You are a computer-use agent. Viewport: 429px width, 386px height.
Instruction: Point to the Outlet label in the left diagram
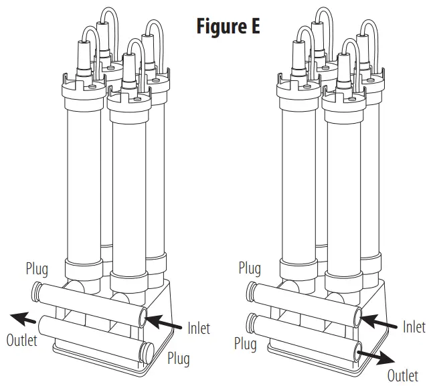pos(22,339)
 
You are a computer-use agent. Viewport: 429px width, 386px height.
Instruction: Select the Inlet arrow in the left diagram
pos(164,324)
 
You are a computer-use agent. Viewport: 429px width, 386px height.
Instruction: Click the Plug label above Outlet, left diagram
pos(39,270)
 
